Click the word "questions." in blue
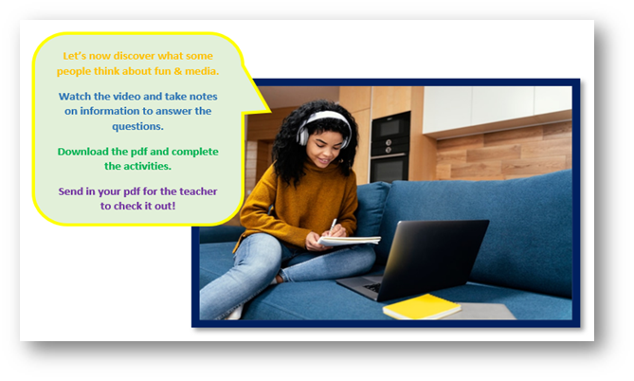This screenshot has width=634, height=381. click(137, 127)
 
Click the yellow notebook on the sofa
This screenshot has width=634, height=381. click(422, 306)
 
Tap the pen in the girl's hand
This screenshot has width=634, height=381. click(333, 225)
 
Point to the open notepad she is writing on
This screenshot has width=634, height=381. click(349, 240)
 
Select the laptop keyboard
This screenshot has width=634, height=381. click(372, 287)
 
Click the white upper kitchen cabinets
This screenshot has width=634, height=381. click(497, 108)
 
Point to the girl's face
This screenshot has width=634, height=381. click(323, 146)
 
